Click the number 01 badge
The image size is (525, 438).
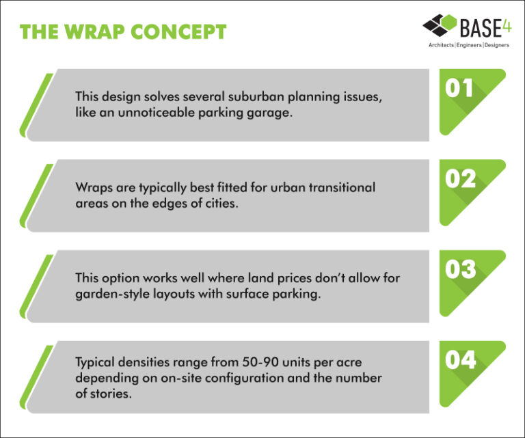[460, 89]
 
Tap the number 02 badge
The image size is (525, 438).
[460, 179]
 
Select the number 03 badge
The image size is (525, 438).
[460, 269]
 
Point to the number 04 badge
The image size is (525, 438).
[460, 359]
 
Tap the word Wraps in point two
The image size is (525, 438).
[92, 187]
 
